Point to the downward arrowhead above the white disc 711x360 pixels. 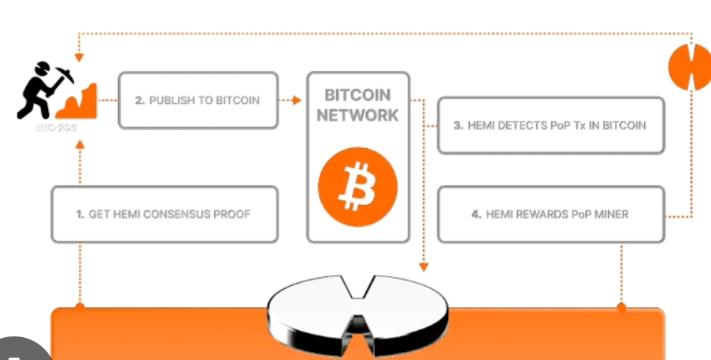[x=424, y=265]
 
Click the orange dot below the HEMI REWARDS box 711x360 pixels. [x=621, y=306]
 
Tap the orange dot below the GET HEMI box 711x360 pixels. [x=79, y=304]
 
